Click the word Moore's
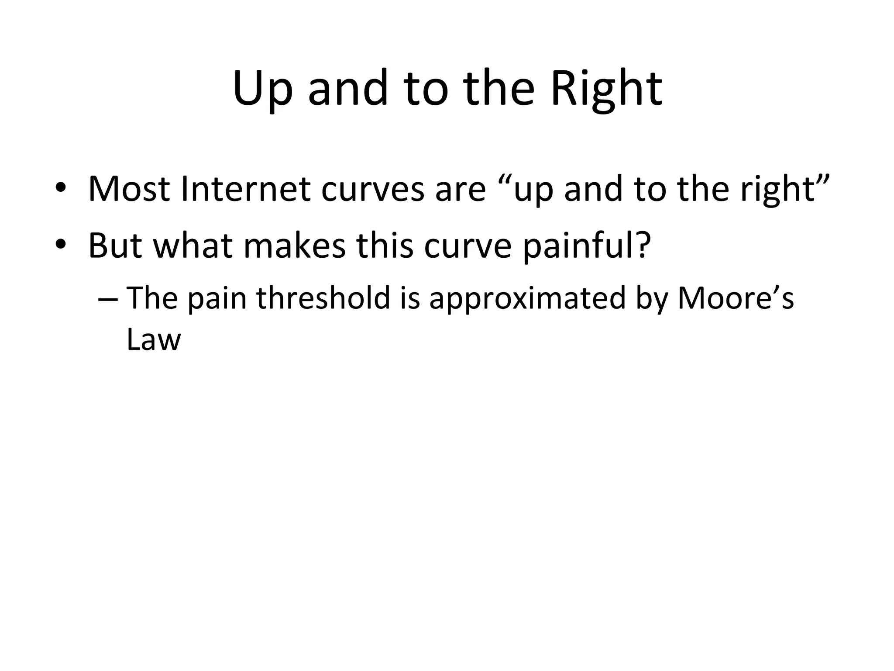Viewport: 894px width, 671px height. pos(735,298)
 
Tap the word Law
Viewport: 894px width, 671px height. pos(153,339)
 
